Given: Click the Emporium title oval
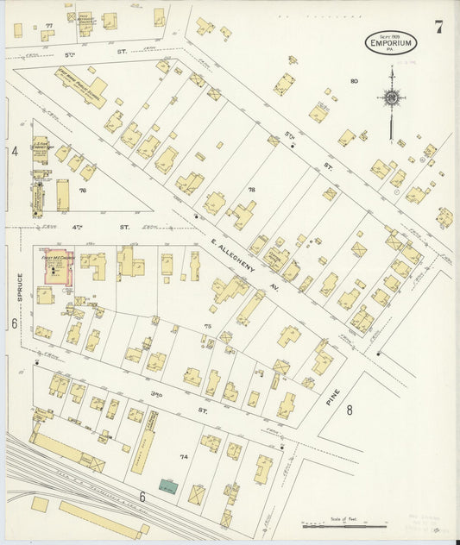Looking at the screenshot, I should tap(394, 43).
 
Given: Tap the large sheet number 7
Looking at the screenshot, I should tap(439, 28).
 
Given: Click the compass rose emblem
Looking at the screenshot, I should tap(392, 97).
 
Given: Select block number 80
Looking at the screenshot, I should tap(354, 81).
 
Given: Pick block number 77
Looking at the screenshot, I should tap(48, 26).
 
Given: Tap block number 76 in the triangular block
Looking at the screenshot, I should tap(83, 190).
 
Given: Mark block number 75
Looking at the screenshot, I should tap(207, 325).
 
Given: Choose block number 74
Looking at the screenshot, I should tap(183, 456).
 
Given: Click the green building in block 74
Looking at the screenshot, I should tap(169, 487).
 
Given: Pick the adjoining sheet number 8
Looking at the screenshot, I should tap(350, 410).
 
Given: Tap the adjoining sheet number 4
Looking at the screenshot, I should tap(15, 152).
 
